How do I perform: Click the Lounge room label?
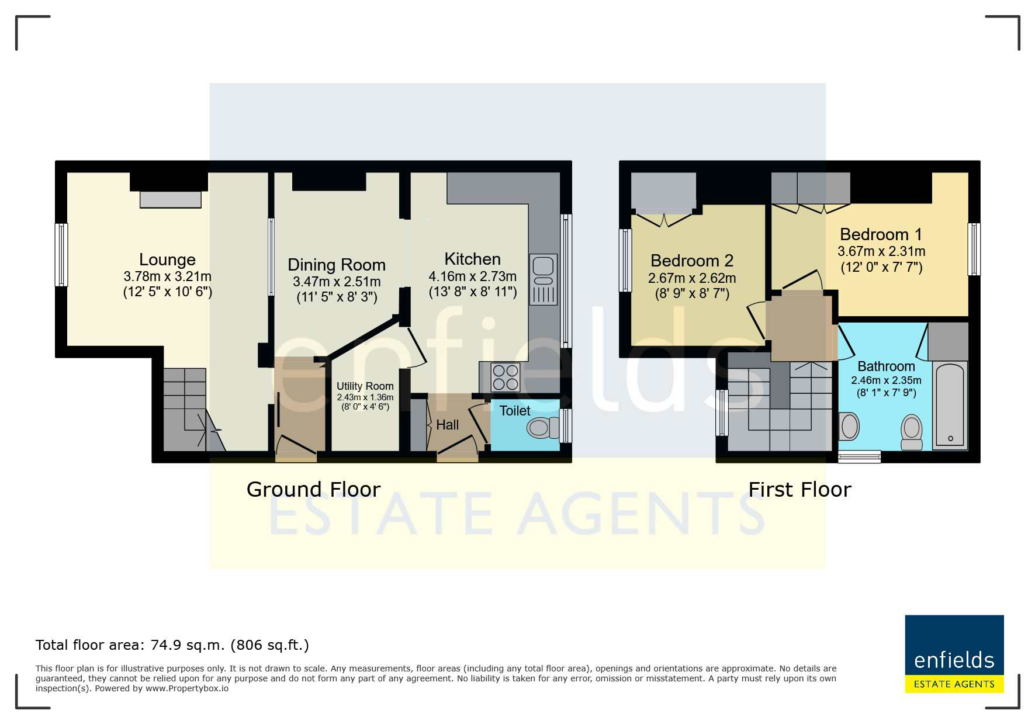click(x=167, y=259)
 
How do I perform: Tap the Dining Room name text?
click(x=337, y=265)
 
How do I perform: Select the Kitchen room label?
click(x=472, y=259)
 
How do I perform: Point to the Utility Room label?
click(x=365, y=386)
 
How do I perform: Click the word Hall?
click(x=448, y=425)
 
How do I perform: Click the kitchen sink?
click(x=544, y=279)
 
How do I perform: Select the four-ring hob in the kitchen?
click(x=506, y=377)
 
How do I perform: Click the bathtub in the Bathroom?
click(x=950, y=406)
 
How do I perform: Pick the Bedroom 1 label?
click(x=881, y=234)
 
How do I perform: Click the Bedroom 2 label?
click(x=692, y=261)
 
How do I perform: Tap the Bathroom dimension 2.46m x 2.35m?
click(x=886, y=380)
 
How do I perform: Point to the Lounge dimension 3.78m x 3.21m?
click(x=167, y=276)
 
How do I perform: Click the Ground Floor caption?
click(x=313, y=489)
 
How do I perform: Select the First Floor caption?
click(x=799, y=489)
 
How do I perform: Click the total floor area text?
click(x=172, y=645)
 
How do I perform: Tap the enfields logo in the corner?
click(x=954, y=654)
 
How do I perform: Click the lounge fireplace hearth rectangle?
click(x=170, y=200)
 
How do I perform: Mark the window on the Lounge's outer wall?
click(x=61, y=255)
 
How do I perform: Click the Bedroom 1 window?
click(x=974, y=249)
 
